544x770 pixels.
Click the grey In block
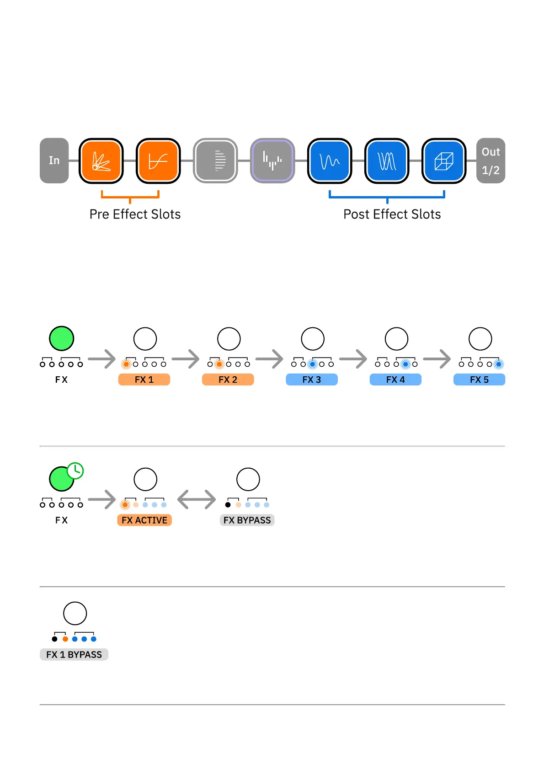click(54, 160)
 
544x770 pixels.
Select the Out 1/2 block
click(491, 160)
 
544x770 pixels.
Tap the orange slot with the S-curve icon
click(158, 161)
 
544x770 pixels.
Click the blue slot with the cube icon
click(443, 161)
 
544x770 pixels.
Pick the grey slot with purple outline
click(272, 161)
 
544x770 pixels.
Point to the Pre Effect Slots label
click(135, 214)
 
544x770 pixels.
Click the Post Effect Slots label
click(392, 214)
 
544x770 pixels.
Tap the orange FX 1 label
click(144, 380)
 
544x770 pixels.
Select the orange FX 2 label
click(228, 380)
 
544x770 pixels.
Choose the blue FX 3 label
click(311, 380)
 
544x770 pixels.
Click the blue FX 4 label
click(395, 380)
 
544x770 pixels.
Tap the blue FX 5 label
click(479, 380)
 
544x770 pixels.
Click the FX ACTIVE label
click(144, 520)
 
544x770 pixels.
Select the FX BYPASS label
click(247, 520)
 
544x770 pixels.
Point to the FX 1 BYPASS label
click(74, 654)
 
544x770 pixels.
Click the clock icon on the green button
click(75, 471)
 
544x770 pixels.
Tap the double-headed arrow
click(197, 499)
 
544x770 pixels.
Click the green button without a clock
click(61, 338)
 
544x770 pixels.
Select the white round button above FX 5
click(480, 339)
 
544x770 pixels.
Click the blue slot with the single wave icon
click(330, 161)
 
